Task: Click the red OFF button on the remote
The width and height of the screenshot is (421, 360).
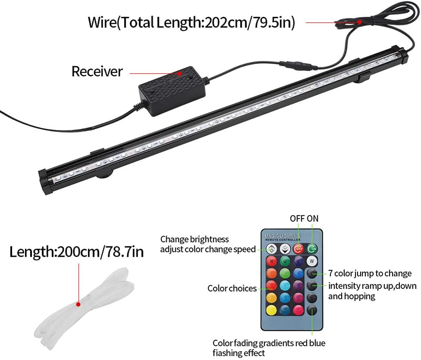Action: pos(298,248)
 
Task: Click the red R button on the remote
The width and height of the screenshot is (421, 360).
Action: pos(271,261)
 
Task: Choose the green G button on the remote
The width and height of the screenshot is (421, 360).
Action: pos(284,261)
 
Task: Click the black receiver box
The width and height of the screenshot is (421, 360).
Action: pos(172,90)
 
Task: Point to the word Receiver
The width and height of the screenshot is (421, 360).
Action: pos(97,71)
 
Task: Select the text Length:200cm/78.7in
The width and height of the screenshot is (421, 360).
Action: pos(77,251)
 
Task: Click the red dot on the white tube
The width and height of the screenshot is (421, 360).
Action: pos(78,304)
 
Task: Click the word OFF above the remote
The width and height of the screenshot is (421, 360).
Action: pos(297,219)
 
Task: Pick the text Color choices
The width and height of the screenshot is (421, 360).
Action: pos(232,288)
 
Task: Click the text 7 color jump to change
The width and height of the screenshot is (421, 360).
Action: pos(370,273)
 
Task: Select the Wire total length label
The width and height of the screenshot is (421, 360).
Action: pos(191,22)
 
